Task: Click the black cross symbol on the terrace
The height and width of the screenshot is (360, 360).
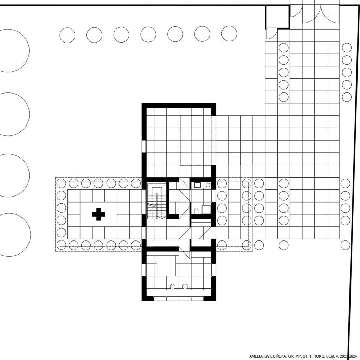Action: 98,214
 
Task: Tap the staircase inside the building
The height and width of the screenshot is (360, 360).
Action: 156,201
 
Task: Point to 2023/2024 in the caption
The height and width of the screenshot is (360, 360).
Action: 348,356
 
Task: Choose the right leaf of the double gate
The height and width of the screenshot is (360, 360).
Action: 330,14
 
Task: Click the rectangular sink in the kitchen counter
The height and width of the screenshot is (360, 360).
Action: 197,185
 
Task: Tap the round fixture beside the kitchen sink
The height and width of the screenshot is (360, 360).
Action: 208,185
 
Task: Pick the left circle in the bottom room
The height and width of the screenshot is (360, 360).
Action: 172,287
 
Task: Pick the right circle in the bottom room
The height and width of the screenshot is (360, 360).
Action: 185,287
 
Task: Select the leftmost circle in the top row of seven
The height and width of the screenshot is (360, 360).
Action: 67,36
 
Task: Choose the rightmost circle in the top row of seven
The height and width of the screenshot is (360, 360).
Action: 229,33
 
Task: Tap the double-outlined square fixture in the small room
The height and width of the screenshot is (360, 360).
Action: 206,209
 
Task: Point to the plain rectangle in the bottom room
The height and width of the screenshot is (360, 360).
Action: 167,265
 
